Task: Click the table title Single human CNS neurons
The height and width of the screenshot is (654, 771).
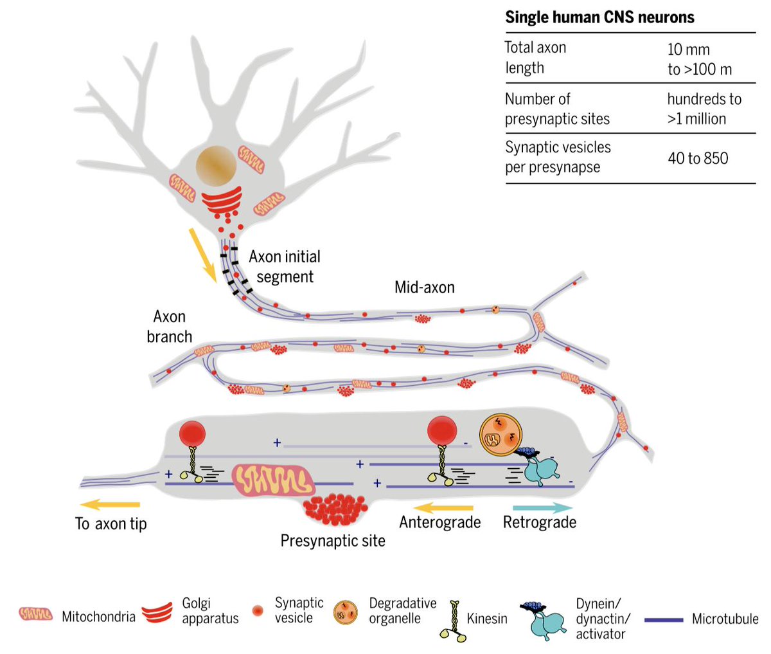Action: pyautogui.click(x=599, y=17)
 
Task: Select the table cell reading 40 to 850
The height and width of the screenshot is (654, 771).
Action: pyautogui.click(x=698, y=158)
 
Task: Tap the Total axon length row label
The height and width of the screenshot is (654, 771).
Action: pyautogui.click(x=536, y=57)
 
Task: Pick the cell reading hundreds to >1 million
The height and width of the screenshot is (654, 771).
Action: pyautogui.click(x=704, y=109)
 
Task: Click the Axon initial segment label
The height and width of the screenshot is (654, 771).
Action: pyautogui.click(x=285, y=267)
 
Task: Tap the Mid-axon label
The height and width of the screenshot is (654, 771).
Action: pyautogui.click(x=424, y=287)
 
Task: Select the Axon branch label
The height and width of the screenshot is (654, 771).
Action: pyautogui.click(x=169, y=327)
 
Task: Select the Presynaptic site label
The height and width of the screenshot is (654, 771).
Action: pyautogui.click(x=333, y=541)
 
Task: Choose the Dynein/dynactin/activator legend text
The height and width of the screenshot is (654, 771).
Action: pyautogui.click(x=603, y=619)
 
